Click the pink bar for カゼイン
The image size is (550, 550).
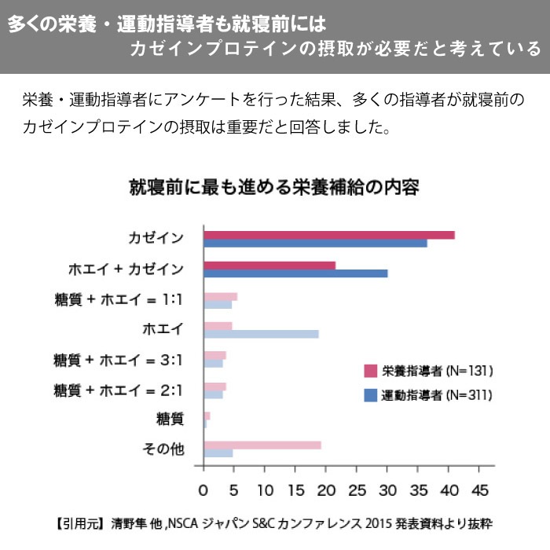coord(328,235)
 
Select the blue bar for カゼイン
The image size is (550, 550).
coord(315,244)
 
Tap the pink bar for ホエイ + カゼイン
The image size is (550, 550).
coord(269,266)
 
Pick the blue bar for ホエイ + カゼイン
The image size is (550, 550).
coord(295,273)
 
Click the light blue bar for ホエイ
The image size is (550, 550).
coord(261,334)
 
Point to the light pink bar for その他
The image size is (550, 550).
coord(262,445)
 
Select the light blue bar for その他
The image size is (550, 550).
coord(218,453)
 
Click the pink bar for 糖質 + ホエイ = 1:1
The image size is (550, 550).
coord(220,296)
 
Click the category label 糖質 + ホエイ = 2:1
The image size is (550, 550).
coord(119,390)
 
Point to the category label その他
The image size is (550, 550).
coord(163,449)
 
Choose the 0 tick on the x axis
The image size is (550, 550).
coord(203,490)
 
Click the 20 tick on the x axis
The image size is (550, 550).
coord(326,490)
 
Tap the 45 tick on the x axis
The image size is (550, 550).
coord(479,490)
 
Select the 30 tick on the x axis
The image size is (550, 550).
coord(387,490)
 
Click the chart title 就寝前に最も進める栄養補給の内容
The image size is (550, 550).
coord(274,189)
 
